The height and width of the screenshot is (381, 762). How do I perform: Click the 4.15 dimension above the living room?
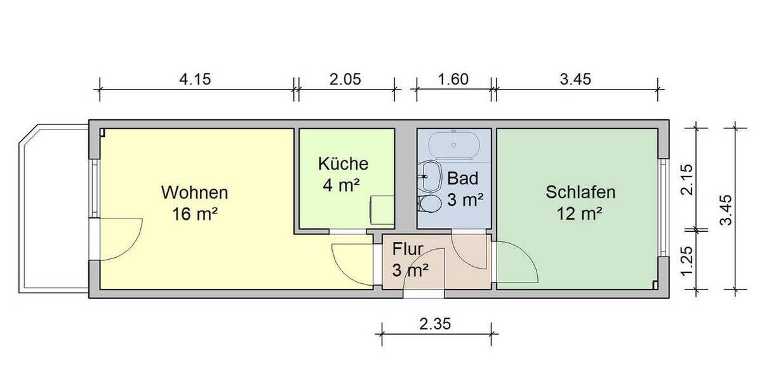[195, 79]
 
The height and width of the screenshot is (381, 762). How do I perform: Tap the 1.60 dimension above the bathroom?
[453, 79]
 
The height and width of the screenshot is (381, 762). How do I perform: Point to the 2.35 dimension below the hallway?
[435, 324]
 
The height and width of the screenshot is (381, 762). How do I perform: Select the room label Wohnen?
[194, 192]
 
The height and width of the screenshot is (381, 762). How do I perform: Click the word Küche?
[343, 164]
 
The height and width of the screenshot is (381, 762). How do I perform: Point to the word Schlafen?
[580, 192]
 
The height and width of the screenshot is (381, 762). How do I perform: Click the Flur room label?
[409, 248]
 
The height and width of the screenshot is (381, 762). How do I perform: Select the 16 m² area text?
[194, 214]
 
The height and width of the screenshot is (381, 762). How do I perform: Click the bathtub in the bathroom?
[454, 144]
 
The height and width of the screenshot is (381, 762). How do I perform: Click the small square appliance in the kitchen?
[382, 210]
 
